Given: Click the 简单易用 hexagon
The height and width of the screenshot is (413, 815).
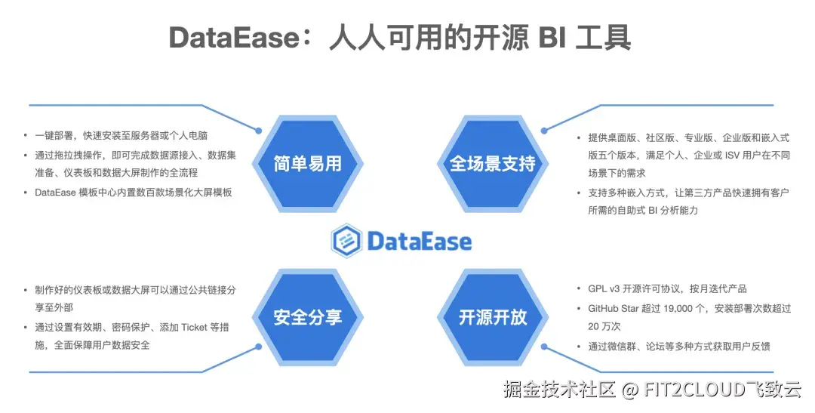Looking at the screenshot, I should point(307,163).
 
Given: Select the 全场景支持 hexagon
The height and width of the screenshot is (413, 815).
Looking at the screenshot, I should point(492,163).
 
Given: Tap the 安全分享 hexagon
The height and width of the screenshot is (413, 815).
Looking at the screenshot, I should point(307,317).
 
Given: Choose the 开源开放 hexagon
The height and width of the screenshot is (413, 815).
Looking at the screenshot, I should point(492,317).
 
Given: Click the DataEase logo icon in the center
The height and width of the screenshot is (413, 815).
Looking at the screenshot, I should point(346,241).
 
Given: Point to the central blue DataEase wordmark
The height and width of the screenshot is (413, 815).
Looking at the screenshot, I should point(419,241).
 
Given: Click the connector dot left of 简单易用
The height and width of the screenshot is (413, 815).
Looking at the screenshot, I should point(259,130).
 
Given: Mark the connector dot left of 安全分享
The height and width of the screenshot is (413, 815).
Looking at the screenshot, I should point(259,350).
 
